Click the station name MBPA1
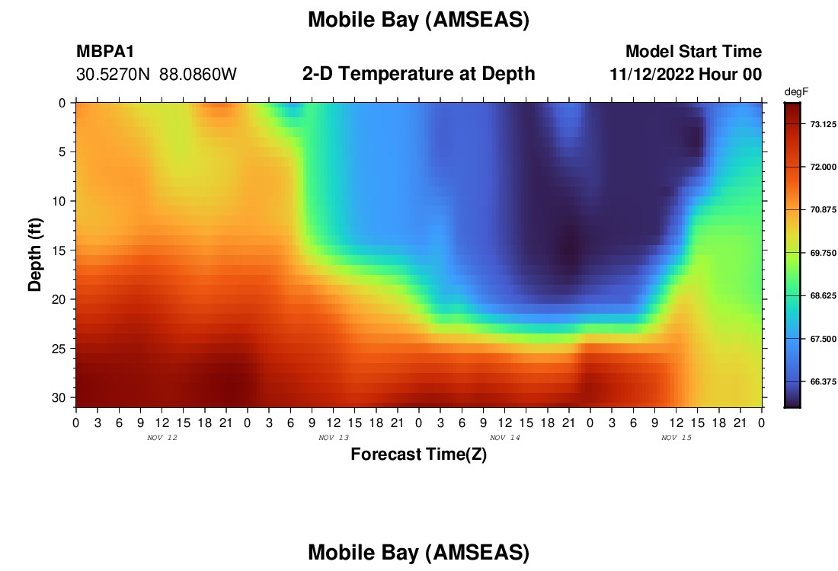tap(105, 51)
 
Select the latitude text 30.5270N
tap(113, 75)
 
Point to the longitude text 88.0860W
tap(198, 75)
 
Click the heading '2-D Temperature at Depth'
tap(418, 74)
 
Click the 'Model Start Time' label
tap(694, 51)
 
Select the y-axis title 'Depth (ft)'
tap(35, 254)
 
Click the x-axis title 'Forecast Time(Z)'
tap(418, 454)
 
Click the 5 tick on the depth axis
tap(62, 152)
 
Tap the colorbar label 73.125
tap(823, 124)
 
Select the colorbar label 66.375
tap(823, 382)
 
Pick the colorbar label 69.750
tap(823, 254)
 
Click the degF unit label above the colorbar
tap(796, 92)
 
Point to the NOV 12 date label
tap(162, 438)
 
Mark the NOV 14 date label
tap(505, 438)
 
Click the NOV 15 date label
tap(676, 438)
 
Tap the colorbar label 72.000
tap(823, 167)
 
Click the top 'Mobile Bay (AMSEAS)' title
tap(418, 21)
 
